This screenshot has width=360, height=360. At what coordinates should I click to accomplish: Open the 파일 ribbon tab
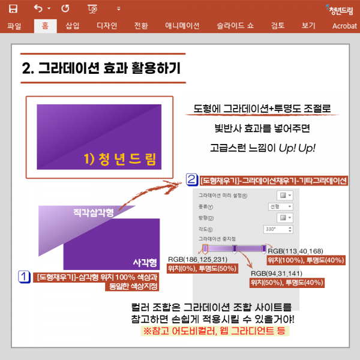pyautogui.click(x=14, y=26)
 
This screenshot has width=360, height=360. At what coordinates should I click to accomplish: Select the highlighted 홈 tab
pyautogui.click(x=45, y=26)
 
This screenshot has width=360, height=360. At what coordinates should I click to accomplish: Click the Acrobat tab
pyautogui.click(x=344, y=26)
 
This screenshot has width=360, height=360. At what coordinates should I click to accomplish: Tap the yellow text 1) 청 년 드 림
pyautogui.click(x=120, y=159)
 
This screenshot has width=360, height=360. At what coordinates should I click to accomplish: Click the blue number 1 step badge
pyautogui.click(x=25, y=277)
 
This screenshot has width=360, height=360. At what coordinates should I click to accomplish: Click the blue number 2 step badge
pyautogui.click(x=191, y=179)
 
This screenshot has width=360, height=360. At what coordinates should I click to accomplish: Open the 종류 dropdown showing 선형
pyautogui.click(x=279, y=206)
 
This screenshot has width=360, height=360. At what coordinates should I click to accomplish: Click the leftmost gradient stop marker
pyautogui.click(x=206, y=248)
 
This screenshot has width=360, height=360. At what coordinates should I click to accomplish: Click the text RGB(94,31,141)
pyautogui.click(x=277, y=272)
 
